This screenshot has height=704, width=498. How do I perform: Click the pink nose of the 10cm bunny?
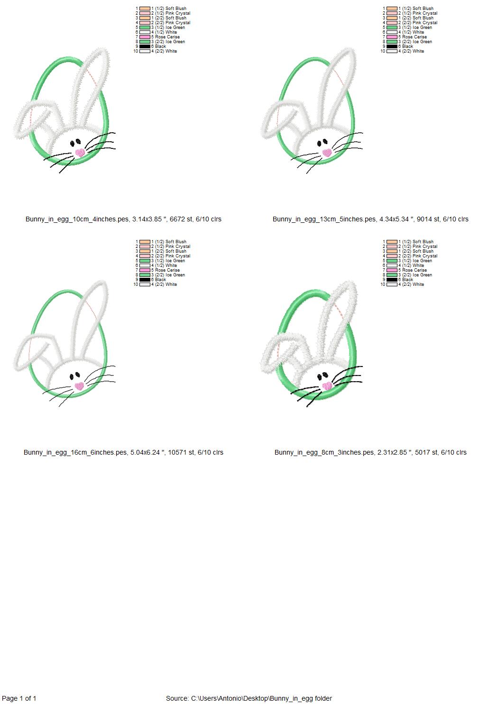tap(80, 153)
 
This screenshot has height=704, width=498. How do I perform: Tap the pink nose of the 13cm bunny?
tap(327, 152)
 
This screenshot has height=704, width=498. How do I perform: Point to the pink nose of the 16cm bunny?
tap(79, 386)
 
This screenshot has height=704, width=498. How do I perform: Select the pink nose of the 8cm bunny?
tap(327, 386)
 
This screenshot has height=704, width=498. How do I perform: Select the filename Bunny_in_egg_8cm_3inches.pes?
tap(324, 452)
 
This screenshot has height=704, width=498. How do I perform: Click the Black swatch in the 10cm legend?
tap(145, 46)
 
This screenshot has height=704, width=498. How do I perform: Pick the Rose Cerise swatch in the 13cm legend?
tap(392, 37)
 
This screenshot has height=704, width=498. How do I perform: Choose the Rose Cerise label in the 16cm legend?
tap(167, 270)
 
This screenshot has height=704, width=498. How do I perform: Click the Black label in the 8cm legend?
tap(407, 280)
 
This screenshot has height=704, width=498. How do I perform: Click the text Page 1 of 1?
tap(19, 698)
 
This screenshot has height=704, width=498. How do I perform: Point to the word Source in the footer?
tap(176, 698)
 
